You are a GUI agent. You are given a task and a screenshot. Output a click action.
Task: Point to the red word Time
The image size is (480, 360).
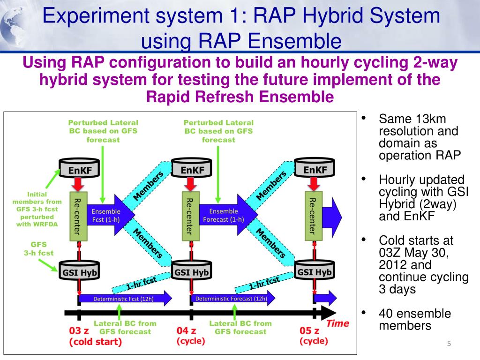(337, 323)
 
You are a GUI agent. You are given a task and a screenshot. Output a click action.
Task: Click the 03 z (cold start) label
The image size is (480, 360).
(95, 336)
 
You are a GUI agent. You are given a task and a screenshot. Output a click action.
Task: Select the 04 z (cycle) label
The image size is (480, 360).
(190, 336)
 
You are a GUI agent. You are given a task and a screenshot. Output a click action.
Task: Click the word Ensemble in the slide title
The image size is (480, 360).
(294, 40)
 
